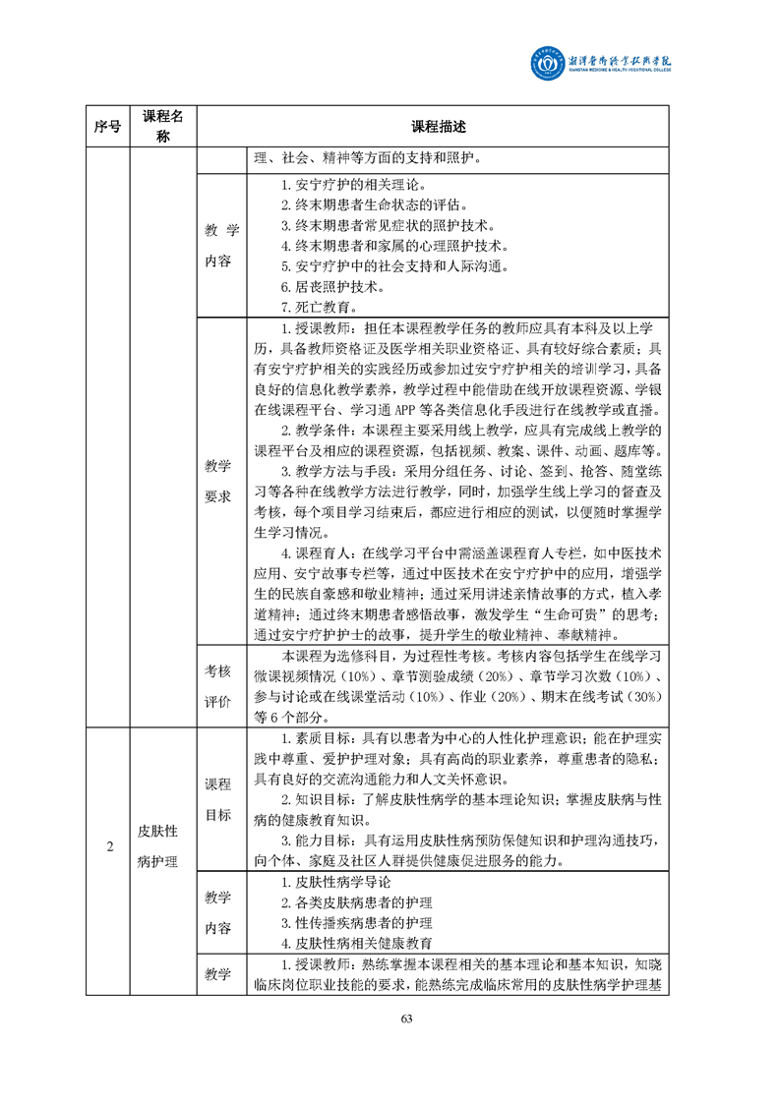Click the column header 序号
(108, 127)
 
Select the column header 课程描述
(438, 127)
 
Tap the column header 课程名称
(164, 127)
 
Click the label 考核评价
(218, 686)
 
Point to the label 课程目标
(218, 799)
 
